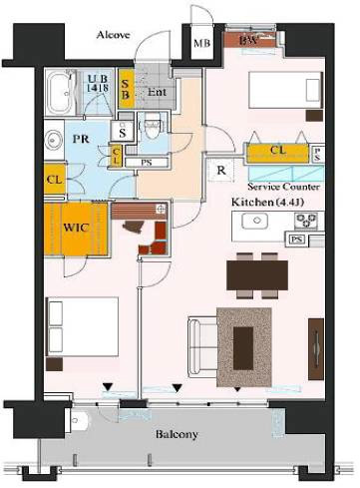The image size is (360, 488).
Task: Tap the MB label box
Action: (x=201, y=44)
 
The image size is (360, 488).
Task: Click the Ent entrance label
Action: (x=156, y=93)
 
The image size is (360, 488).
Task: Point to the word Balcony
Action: (x=175, y=435)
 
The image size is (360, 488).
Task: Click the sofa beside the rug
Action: (x=200, y=344)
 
